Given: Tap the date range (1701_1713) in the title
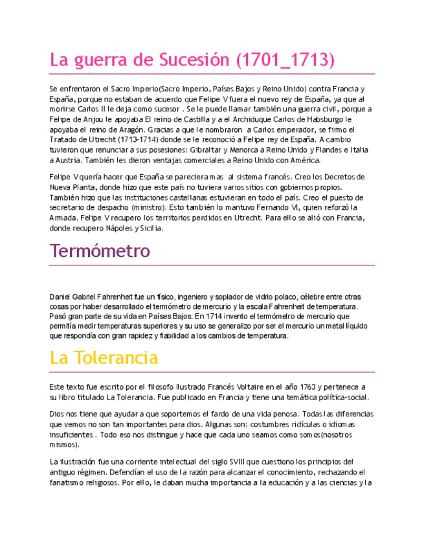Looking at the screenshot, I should click(x=285, y=61).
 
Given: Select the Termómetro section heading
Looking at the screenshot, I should click(x=100, y=251).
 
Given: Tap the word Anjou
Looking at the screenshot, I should click(x=93, y=119).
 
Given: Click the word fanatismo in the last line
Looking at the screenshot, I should click(x=67, y=482).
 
